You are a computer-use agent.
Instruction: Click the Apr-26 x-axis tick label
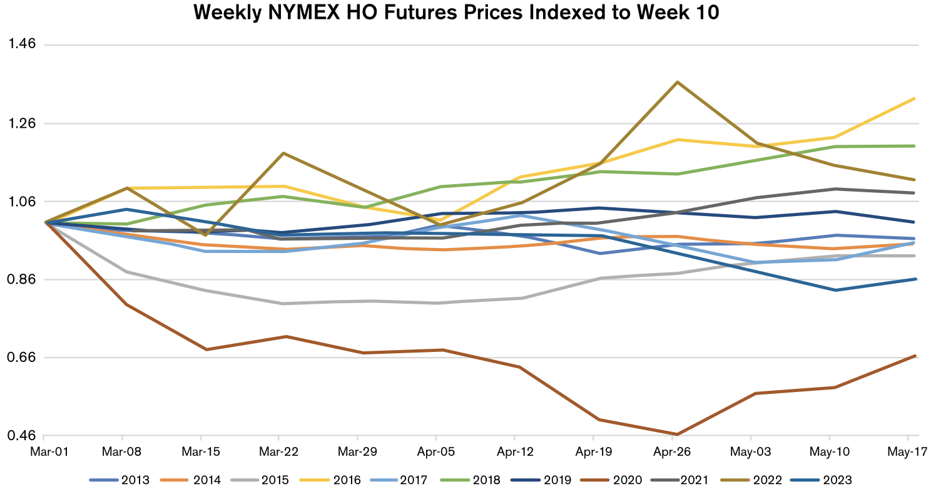[x=673, y=452]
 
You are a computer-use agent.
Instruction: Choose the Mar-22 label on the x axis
[x=279, y=452]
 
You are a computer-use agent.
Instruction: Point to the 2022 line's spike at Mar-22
[x=283, y=153]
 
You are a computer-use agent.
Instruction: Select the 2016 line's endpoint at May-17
[x=915, y=99]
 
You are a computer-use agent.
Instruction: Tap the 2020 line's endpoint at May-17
[x=915, y=356]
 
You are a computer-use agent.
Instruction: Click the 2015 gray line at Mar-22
[x=283, y=304]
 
